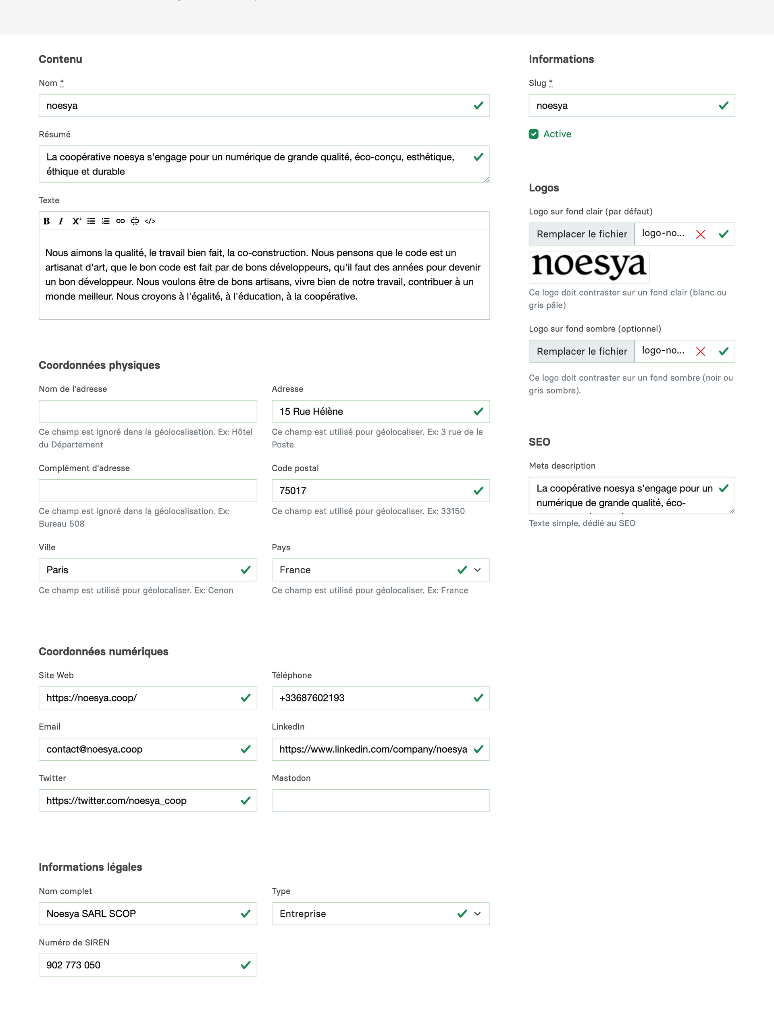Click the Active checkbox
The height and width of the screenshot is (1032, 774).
coord(533,134)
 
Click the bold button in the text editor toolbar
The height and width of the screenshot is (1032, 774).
coord(47,221)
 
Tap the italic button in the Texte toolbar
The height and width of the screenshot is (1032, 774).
coord(60,221)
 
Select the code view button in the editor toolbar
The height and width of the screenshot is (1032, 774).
coord(150,221)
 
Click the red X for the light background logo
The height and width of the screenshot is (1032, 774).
coord(700,234)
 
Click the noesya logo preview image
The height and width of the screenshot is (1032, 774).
coord(589,266)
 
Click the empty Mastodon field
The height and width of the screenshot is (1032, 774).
coord(380,801)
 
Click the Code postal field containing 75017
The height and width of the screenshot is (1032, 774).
coord(373,491)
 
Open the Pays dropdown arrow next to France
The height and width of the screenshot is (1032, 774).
coord(477,570)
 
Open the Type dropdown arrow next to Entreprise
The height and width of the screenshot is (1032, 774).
coord(477,913)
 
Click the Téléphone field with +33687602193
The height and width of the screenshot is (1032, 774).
coord(373,698)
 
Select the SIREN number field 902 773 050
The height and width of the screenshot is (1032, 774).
coord(140,965)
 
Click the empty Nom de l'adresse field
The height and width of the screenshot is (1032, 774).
coord(148,412)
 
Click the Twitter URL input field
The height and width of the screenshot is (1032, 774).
coord(140,801)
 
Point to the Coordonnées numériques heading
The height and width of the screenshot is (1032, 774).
coord(104,651)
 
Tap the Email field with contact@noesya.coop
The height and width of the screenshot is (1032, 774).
coord(140,749)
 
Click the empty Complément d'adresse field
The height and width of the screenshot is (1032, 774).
coord(148,491)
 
